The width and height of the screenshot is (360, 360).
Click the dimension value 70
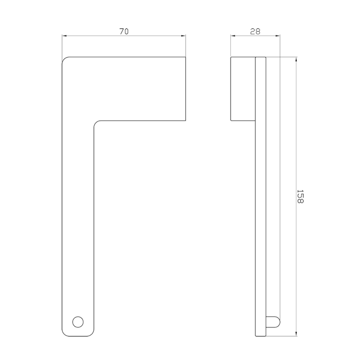124,31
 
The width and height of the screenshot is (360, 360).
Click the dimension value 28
255,31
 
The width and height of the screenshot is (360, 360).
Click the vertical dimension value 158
300,196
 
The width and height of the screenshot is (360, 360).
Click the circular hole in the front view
78,322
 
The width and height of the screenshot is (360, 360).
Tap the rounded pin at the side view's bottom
273,322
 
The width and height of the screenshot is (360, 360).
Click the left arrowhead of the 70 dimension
64,36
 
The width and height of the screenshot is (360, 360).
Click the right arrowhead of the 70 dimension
183,36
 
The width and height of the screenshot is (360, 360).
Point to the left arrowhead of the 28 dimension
233,36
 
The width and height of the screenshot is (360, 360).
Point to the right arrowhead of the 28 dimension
278,36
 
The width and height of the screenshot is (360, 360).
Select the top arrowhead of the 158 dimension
296,59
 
